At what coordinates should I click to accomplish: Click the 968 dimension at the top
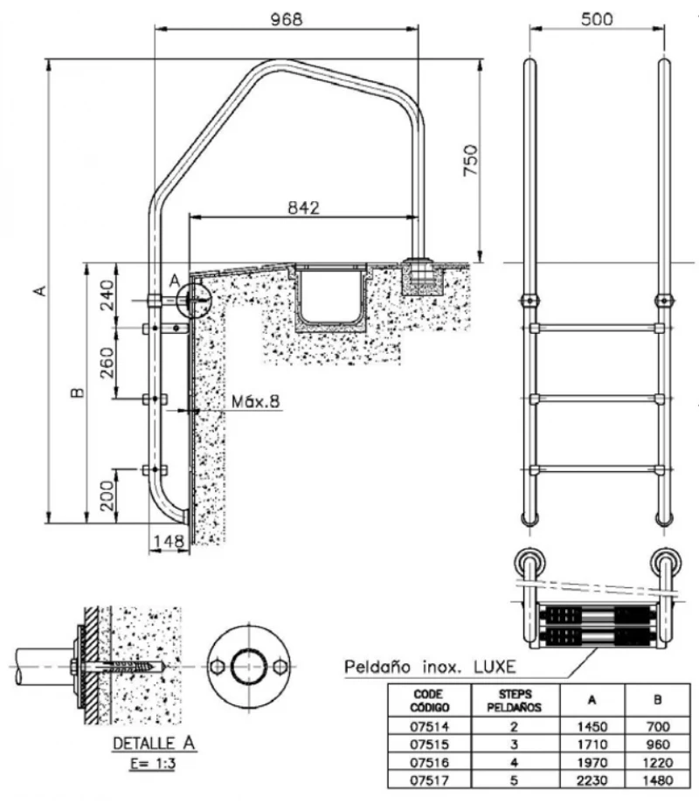[x=286, y=18]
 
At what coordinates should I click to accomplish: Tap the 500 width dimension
[x=597, y=18]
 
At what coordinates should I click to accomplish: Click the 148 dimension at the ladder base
[x=165, y=543]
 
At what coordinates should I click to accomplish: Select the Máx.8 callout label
[x=255, y=402]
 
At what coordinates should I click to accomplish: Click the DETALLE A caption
[x=154, y=744]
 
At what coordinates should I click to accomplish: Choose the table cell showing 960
[x=658, y=745]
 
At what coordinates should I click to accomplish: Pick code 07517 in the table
[x=429, y=780]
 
